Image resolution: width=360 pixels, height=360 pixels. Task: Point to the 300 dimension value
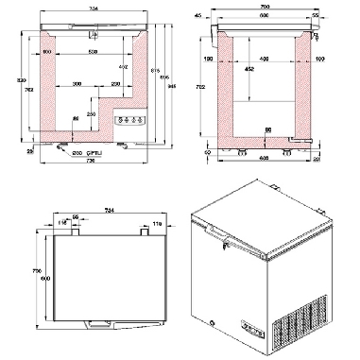pos(76,83)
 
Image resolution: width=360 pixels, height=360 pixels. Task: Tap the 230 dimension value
pos(112,83)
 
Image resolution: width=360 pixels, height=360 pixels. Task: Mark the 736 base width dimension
pos(91,162)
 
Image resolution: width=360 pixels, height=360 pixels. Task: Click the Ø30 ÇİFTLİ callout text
pos(82,151)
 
